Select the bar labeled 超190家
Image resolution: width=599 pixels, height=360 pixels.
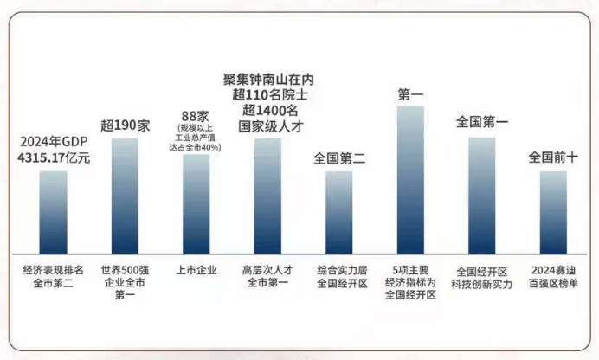[125, 194]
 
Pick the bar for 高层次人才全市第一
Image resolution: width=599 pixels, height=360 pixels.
[267, 194]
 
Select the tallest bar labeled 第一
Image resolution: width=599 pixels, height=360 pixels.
[410, 177]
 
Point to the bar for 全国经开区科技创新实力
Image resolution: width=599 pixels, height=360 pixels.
[482, 194]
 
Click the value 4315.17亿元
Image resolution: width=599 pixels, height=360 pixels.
[54, 158]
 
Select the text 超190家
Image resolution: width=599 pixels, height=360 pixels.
[125, 125]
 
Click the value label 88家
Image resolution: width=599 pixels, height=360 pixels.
[195, 116]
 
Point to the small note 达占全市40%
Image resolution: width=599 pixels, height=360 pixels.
[195, 147]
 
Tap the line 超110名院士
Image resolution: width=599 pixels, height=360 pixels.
[267, 93]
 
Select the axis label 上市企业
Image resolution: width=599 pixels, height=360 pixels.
[196, 269]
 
